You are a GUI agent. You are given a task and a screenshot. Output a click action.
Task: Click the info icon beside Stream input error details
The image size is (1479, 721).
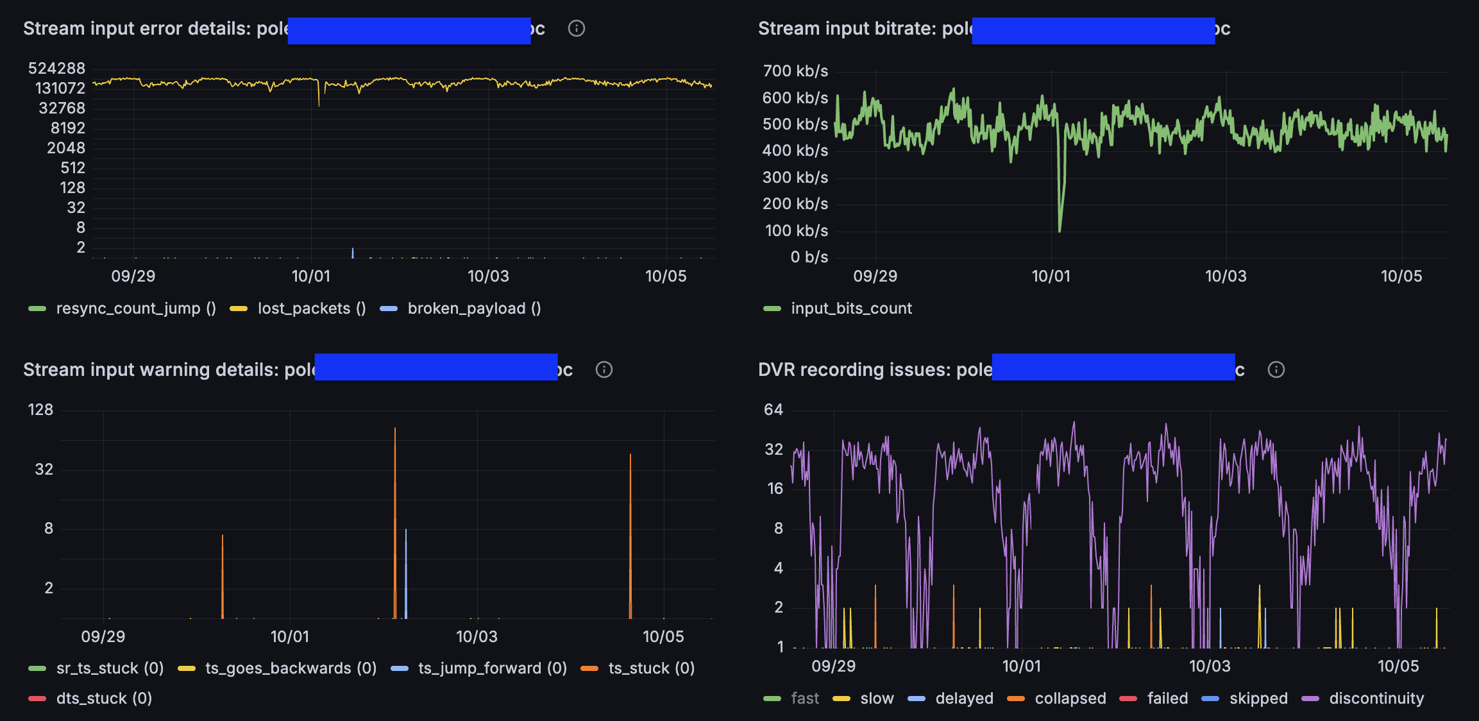click(576, 28)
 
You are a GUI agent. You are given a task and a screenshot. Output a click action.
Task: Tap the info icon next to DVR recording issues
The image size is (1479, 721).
click(1276, 369)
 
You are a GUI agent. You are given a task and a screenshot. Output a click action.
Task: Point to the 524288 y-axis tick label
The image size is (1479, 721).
click(56, 69)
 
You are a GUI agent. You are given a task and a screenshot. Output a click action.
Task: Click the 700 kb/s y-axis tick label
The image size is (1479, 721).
click(795, 71)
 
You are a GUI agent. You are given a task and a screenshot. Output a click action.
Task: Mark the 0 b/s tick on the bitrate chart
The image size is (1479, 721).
click(809, 257)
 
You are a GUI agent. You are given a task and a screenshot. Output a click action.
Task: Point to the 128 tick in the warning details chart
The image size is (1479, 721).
click(40, 410)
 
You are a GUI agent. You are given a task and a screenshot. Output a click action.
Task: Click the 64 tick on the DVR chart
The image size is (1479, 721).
click(773, 410)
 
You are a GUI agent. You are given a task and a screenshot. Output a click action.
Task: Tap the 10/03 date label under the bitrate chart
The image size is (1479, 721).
click(1226, 276)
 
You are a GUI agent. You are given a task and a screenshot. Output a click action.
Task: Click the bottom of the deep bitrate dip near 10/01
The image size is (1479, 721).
click(1059, 230)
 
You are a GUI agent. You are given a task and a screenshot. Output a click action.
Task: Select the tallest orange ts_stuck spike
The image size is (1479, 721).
click(395, 430)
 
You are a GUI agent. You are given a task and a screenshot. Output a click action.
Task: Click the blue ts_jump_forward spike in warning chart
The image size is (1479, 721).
click(406, 531)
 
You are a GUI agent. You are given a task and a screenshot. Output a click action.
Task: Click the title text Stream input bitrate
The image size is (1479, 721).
click(847, 29)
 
